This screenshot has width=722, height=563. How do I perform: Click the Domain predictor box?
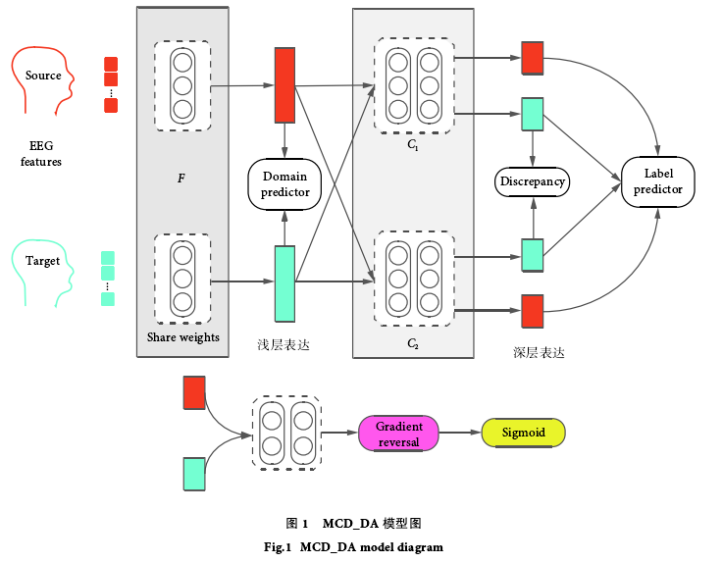[284, 183]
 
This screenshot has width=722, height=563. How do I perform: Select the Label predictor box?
[658, 181]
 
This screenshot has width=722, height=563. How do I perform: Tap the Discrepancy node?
[533, 181]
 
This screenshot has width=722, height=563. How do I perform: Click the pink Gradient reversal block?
[398, 434]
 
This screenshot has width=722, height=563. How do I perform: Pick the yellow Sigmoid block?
[525, 433]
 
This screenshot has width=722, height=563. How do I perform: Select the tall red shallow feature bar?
[285, 85]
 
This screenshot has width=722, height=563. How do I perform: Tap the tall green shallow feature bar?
[284, 283]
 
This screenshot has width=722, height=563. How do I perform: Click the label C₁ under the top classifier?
[413, 145]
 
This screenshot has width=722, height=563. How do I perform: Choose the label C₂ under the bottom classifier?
[413, 344]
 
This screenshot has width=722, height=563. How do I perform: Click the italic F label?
[180, 179]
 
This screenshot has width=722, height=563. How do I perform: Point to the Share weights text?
[183, 337]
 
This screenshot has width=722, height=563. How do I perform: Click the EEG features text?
[41, 153]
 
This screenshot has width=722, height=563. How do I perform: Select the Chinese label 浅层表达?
[284, 345]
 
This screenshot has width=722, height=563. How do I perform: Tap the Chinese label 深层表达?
[539, 352]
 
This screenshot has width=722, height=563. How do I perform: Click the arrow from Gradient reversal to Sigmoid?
[459, 433]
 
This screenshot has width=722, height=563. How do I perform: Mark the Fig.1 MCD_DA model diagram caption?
[361, 546]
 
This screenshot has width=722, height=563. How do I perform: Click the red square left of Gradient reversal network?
[193, 392]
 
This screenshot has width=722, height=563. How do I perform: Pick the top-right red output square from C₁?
[533, 58]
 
